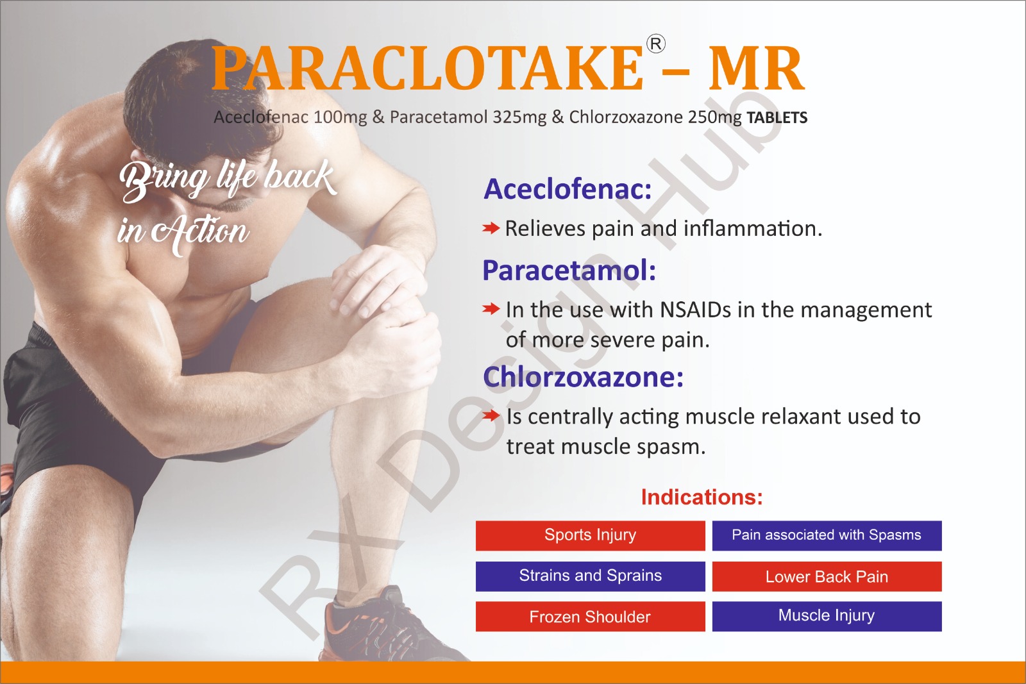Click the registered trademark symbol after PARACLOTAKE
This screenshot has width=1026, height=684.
click(x=655, y=44)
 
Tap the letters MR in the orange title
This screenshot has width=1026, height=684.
click(x=756, y=69)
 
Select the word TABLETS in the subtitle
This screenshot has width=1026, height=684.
click(x=777, y=118)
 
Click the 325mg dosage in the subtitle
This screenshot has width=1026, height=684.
click(x=519, y=117)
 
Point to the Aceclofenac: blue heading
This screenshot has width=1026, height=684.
click(x=568, y=188)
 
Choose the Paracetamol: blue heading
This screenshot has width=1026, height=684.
click(x=569, y=270)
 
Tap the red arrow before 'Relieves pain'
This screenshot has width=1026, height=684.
click(x=491, y=228)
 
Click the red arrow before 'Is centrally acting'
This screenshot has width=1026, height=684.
click(x=491, y=415)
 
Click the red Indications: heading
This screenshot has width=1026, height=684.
click(x=702, y=497)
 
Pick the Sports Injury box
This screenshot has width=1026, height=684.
click(x=591, y=535)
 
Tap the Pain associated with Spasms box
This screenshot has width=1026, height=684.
click(x=827, y=535)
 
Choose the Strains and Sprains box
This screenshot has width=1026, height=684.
click(x=591, y=576)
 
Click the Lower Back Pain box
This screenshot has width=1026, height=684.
click(x=827, y=576)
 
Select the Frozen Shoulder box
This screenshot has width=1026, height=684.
click(x=591, y=616)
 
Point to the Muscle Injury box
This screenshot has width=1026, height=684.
click(x=827, y=616)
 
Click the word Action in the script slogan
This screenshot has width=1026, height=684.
click(x=200, y=231)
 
